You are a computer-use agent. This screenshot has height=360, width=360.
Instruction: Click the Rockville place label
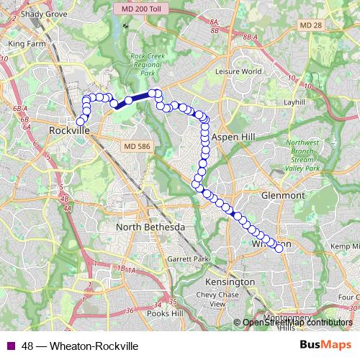point(69,132)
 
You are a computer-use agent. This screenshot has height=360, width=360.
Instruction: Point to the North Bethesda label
point(150,227)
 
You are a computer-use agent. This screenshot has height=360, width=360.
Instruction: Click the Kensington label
point(230,281)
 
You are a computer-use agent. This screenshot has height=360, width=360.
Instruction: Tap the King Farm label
point(26,43)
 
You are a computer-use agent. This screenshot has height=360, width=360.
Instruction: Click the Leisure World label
point(241,72)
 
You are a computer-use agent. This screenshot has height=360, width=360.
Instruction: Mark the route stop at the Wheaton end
point(279,248)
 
